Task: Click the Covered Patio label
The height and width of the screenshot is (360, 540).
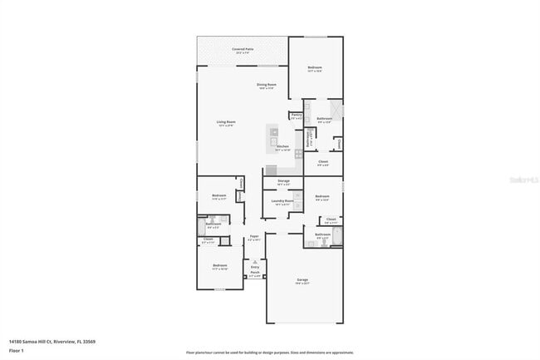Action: tap(243, 50)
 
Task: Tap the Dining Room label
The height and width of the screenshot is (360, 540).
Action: tap(266, 85)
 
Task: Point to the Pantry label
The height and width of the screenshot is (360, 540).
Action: tap(296, 115)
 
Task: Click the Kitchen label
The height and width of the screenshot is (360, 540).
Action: tap(283, 147)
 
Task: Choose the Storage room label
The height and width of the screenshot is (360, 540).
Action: tap(283, 181)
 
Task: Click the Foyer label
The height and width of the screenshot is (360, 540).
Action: tap(254, 237)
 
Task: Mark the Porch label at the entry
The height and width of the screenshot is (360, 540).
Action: tap(255, 273)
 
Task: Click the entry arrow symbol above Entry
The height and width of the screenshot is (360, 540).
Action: tap(255, 260)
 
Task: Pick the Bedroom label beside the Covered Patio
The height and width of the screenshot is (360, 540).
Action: tap(315, 67)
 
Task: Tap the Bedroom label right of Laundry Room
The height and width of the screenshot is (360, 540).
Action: tap(322, 196)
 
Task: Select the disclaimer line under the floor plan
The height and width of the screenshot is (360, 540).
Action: tap(269, 353)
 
